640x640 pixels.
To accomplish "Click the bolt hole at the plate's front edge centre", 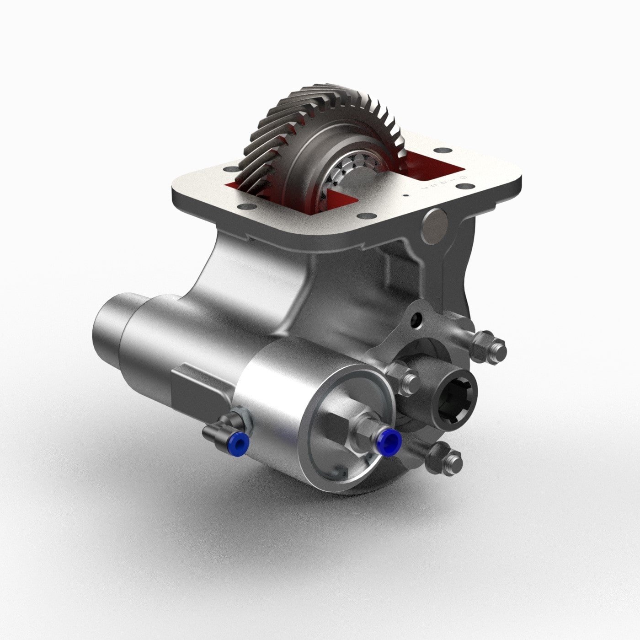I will [x=363, y=216].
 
